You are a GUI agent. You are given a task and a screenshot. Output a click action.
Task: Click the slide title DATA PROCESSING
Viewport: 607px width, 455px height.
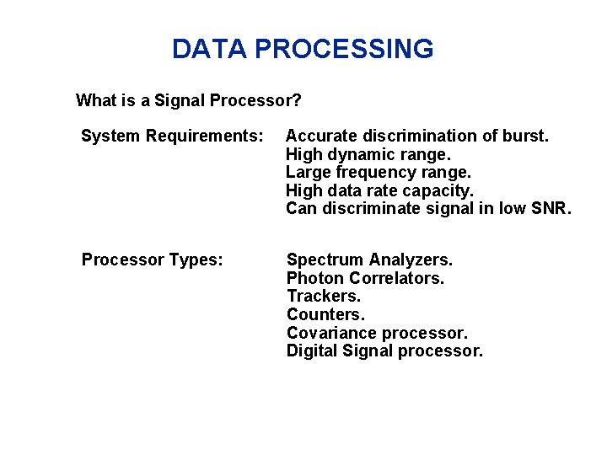tap(303, 49)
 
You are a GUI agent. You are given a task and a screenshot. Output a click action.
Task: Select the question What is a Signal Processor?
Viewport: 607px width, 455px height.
tap(189, 101)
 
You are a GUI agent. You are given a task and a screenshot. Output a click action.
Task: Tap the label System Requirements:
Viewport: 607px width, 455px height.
tap(172, 136)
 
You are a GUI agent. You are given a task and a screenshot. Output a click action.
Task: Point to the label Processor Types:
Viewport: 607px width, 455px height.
tap(153, 260)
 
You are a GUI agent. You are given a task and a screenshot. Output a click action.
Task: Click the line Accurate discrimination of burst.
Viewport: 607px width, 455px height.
tap(417, 136)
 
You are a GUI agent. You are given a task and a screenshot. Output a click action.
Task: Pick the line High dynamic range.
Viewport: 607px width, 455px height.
tap(368, 154)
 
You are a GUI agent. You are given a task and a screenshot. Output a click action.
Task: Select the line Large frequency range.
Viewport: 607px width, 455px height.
tap(379, 172)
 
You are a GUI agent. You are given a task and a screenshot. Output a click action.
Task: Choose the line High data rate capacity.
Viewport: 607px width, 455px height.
tap(379, 190)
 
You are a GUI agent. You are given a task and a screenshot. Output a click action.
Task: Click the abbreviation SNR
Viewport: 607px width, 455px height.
tap(551, 209)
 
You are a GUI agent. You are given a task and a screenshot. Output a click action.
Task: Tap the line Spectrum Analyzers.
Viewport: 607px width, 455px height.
tap(369, 260)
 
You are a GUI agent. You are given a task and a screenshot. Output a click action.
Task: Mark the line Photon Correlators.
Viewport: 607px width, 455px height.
tap(365, 278)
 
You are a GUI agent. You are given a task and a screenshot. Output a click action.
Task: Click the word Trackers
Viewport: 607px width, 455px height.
tap(324, 296)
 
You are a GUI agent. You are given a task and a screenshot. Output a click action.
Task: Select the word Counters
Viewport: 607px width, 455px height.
tap(326, 314)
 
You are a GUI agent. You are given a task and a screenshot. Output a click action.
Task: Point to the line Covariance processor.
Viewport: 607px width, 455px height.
tap(377, 333)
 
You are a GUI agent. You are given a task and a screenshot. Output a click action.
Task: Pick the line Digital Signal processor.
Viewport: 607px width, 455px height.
tap(384, 351)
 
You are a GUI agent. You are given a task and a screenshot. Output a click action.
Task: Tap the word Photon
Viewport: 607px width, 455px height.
tap(314, 278)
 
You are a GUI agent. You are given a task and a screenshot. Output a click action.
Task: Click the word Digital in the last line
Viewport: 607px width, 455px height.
tap(312, 351)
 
